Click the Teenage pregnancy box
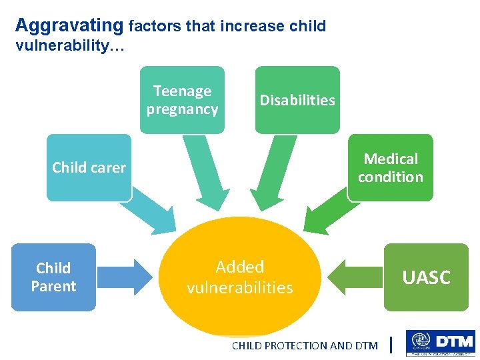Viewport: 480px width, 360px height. click(182, 100)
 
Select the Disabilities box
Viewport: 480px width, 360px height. click(297, 100)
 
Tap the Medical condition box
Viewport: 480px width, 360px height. click(390, 167)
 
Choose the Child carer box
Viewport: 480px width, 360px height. click(89, 167)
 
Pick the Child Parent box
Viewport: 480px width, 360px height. click(53, 277)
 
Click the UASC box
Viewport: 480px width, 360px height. click(426, 277)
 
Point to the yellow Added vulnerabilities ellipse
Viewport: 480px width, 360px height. click(240, 293)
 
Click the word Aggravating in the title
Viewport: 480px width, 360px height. click(69, 26)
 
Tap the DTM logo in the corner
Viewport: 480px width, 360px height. click(440, 344)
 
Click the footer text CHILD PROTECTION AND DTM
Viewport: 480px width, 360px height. click(304, 345)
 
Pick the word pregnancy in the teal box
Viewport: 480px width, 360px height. click(182, 109)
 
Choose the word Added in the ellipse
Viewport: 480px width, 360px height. click(240, 267)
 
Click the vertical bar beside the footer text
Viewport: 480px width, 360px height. click(391, 345)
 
